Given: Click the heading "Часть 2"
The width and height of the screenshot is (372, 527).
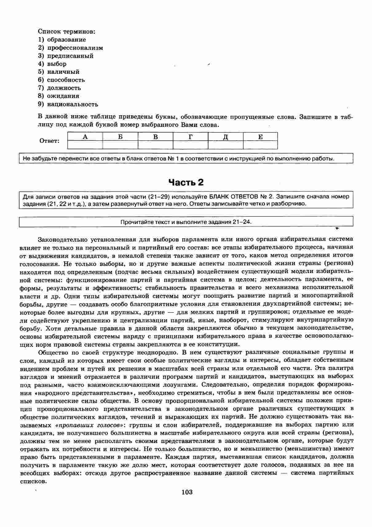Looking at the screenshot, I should point(186,183).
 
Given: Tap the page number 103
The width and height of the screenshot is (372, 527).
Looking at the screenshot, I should point(187,492).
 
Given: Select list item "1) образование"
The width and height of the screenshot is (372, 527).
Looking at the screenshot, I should point(62,40).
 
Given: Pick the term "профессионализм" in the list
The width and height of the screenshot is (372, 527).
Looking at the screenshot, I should point(75,48).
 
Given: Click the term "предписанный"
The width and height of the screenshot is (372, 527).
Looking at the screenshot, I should point(70,56).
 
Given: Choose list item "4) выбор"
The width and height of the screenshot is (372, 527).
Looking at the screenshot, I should point(52,64).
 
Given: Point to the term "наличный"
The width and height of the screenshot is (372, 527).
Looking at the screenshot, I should point(63,72).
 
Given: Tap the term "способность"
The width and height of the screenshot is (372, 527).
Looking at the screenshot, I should point(66,80).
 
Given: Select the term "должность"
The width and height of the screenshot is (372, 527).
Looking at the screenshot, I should point(64,88).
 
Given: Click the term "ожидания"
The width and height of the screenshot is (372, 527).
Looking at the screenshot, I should point(63,96).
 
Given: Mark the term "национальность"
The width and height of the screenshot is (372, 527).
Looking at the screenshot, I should point(73,104).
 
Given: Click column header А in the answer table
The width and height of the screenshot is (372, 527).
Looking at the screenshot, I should point(85,137).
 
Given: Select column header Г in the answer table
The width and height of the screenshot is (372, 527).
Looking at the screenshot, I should point(191,137).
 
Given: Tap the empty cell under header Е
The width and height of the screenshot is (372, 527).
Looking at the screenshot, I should point(260,145).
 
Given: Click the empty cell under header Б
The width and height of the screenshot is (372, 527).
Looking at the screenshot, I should point(120,145).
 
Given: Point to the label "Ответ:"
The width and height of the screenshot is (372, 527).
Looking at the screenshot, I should point(49,141).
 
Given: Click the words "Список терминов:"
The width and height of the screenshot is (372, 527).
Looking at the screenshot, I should point(66,31).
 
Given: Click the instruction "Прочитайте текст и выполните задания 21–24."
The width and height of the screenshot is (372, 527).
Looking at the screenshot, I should point(186,222).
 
